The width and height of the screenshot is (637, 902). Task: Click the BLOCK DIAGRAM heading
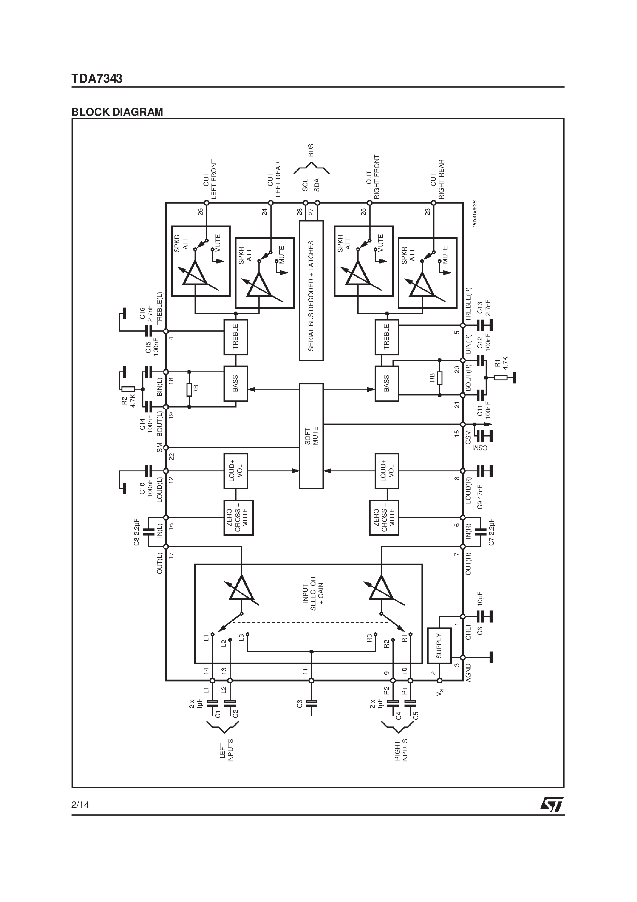pos(117,112)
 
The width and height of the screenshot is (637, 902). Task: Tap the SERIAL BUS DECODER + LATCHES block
pos(311,290)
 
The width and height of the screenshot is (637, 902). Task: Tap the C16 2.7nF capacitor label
pos(146,314)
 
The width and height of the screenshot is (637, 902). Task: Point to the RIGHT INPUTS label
pos(401,751)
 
